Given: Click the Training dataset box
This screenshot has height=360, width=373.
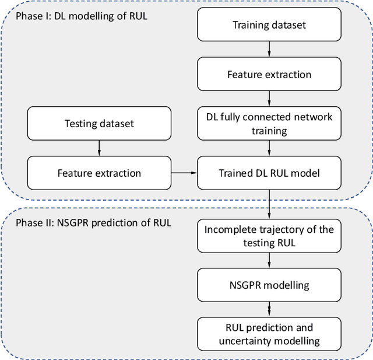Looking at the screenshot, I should (269, 25).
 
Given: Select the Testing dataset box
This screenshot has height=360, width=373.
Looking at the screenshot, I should (99, 123).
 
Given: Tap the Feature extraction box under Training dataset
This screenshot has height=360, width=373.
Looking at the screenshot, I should (269, 74).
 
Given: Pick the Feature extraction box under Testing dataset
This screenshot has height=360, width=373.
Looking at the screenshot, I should (99, 173).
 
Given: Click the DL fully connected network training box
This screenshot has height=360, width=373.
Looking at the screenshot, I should (269, 123).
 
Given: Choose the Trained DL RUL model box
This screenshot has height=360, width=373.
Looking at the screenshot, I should (269, 173).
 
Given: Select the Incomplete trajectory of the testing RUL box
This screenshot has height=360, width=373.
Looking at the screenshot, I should (269, 236).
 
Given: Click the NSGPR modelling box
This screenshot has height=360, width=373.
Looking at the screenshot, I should (269, 285).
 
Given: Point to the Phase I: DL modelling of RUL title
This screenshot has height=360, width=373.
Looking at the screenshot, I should (81, 16).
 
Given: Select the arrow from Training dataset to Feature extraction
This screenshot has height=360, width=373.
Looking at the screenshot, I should (269, 49).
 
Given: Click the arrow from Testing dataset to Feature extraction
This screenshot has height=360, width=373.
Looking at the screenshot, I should (99, 148).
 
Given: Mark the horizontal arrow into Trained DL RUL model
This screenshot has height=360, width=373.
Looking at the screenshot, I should (184, 173).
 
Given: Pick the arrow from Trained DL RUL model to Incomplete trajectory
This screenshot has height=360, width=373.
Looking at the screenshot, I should (269, 204).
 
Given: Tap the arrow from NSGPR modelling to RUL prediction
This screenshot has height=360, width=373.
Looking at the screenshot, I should (269, 310).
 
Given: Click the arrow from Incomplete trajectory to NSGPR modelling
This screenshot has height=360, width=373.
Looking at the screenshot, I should (269, 261).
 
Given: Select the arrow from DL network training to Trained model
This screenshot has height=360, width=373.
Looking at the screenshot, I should (269, 148).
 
